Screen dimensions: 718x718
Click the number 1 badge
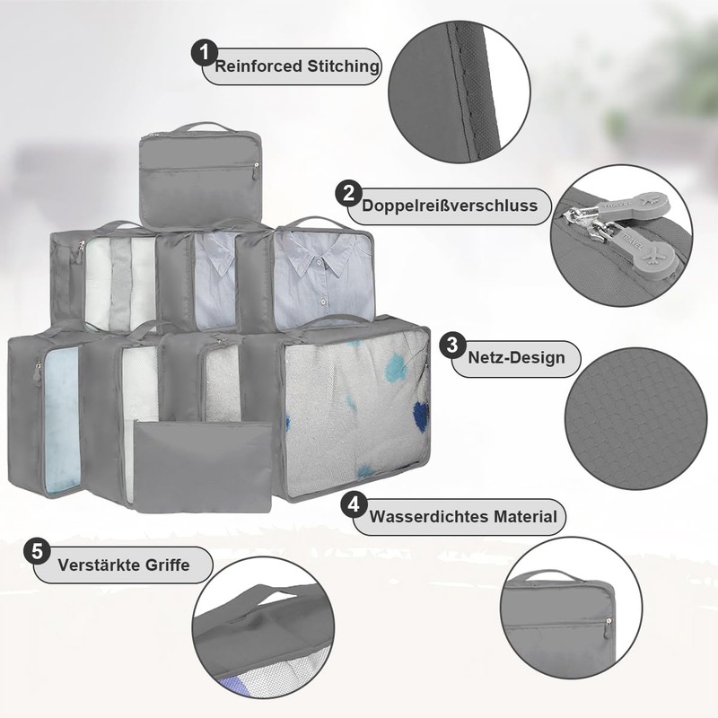(205, 54)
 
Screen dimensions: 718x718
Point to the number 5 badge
(37, 550)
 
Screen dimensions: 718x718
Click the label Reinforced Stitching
(296, 66)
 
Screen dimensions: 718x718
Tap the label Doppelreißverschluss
(450, 206)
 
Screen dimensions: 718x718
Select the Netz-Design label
(516, 358)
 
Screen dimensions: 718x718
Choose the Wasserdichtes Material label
(463, 517)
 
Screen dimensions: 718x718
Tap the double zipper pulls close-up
(619, 239)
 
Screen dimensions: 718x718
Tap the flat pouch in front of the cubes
(202, 467)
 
